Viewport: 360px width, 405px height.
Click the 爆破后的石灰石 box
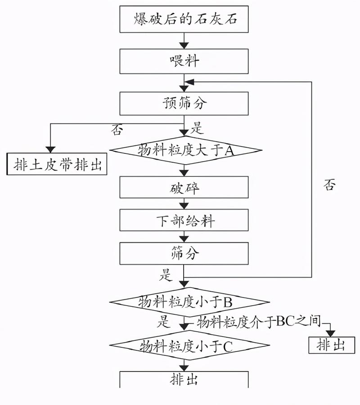click(184, 19)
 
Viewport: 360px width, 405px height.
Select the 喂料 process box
click(184, 61)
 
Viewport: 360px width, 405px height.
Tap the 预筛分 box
click(184, 103)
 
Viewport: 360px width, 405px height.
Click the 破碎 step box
click(184, 187)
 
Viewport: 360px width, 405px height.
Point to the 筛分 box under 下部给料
click(184, 254)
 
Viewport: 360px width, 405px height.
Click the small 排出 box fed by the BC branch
click(331, 345)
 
